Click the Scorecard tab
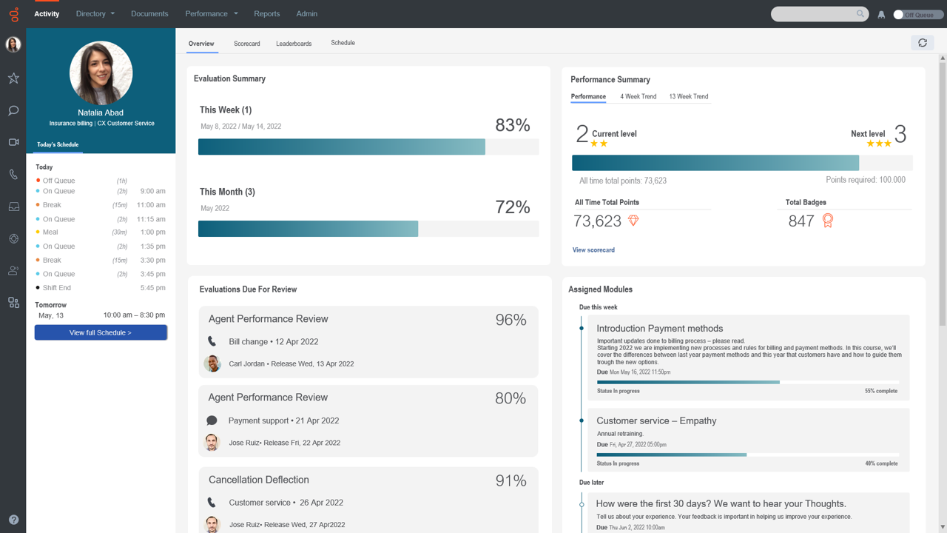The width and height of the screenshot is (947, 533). tap(246, 44)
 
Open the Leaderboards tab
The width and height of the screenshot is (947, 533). tap(294, 44)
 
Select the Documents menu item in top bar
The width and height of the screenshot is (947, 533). tap(149, 13)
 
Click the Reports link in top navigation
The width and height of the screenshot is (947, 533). tap(266, 13)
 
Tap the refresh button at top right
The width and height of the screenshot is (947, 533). tap(922, 43)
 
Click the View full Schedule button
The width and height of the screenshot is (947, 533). tap(101, 333)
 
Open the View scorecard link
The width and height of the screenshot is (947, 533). tap(593, 250)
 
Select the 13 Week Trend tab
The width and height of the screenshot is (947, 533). tap(688, 96)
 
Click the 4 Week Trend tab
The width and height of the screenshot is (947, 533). tap(638, 96)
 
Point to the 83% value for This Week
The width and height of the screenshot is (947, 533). tap(513, 125)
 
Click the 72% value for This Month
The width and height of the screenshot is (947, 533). tap(513, 207)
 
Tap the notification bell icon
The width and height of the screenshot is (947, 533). tap(881, 15)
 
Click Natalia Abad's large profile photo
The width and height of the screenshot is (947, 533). tap(101, 73)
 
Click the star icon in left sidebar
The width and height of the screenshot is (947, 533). tap(13, 78)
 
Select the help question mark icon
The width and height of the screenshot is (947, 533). tap(13, 520)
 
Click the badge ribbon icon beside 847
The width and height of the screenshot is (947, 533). tap(828, 221)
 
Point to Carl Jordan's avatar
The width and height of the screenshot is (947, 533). tap(212, 363)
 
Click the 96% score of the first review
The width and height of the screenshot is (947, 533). tap(510, 320)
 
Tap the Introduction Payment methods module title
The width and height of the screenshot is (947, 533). tap(659, 329)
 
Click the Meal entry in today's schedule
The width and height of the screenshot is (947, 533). tap(50, 232)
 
